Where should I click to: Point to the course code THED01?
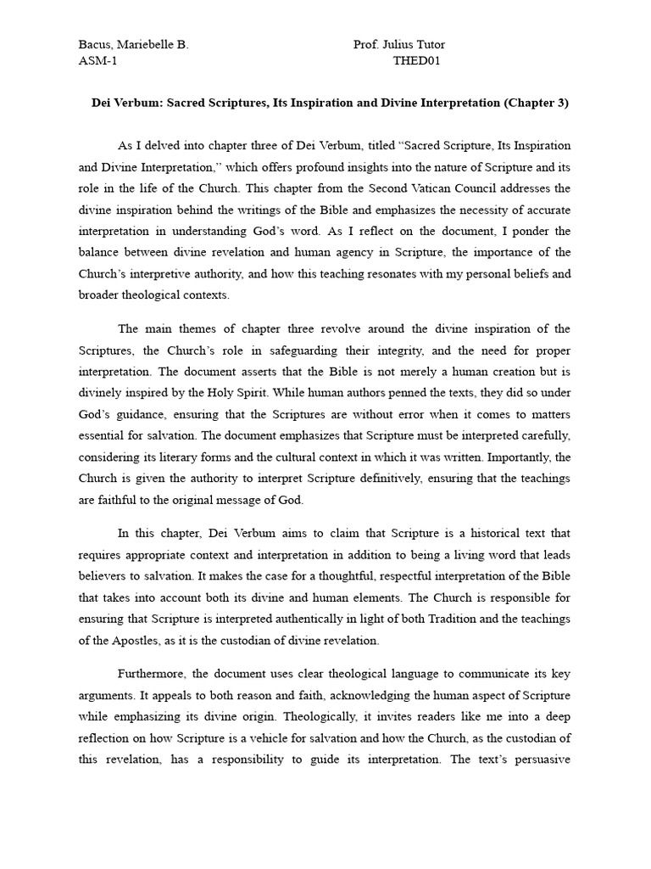(417, 60)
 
